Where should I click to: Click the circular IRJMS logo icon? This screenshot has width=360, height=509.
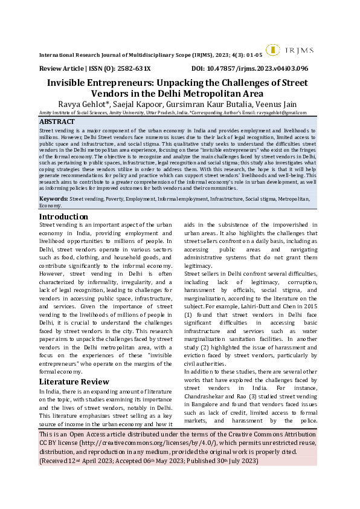pos(272,50)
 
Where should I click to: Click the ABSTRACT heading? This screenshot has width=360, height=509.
pos(57,122)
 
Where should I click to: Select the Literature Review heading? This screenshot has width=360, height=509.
pos(74,381)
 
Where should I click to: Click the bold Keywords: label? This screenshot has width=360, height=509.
pos(54,198)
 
